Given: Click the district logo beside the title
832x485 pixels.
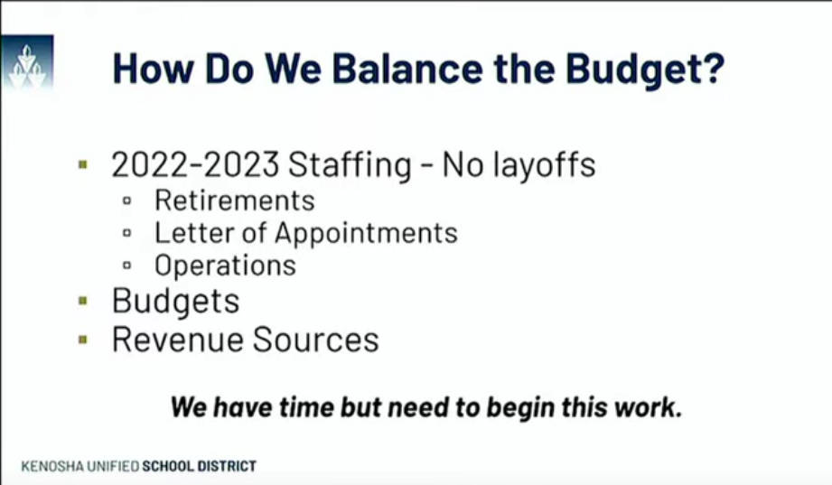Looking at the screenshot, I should click(x=26, y=64).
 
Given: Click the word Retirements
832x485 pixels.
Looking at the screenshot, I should click(x=234, y=200).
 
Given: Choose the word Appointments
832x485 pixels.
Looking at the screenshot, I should click(x=366, y=233).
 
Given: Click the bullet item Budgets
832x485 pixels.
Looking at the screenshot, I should click(x=175, y=301).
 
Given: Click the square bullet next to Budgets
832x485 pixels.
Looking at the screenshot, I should click(x=83, y=301).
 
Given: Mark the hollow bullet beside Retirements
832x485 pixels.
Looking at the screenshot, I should click(x=127, y=201).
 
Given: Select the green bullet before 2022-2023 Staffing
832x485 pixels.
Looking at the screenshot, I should click(x=83, y=165).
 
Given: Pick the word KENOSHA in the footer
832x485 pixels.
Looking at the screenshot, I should click(x=51, y=466).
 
